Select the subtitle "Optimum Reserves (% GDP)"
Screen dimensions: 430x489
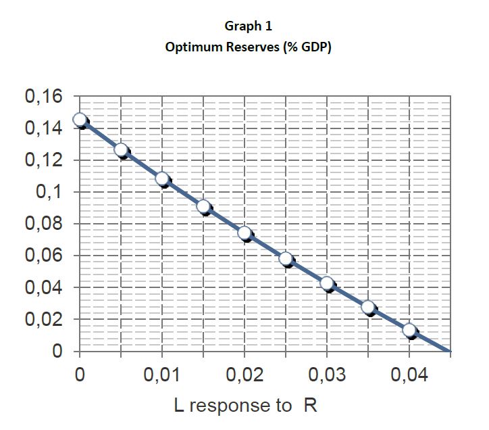point(249,49)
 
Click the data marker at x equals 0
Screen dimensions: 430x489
point(80,120)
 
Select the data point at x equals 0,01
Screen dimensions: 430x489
point(162,178)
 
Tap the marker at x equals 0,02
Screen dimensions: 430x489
point(244,233)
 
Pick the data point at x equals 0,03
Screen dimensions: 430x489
point(327,283)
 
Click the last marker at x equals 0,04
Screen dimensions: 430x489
point(409,330)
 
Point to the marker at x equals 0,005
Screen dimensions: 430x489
point(121,150)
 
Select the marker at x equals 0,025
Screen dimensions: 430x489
point(286,259)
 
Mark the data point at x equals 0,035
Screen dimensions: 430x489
point(368,307)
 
